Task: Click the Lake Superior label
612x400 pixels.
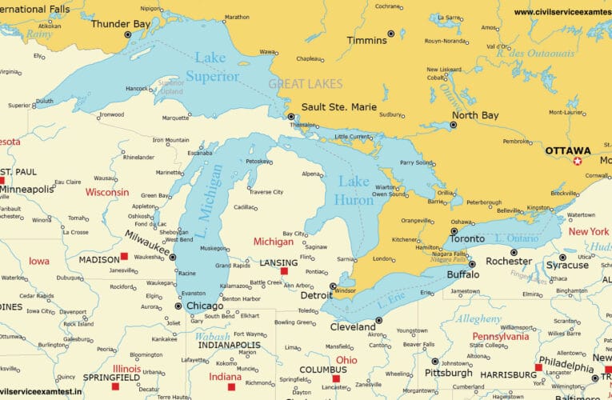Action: point(212,66)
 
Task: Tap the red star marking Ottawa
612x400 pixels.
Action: point(578,162)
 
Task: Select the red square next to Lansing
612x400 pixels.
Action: point(284,271)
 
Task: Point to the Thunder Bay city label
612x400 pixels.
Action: point(121,24)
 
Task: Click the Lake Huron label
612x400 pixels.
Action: point(354,190)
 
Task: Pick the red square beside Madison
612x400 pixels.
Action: point(124,257)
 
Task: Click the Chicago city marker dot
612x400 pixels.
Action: point(178,306)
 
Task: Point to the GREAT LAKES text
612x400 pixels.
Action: point(305,84)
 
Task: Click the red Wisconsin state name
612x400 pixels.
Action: point(107,192)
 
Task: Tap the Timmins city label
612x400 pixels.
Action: point(366,39)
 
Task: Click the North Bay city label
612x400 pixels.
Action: point(474,115)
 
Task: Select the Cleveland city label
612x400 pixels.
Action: point(353,327)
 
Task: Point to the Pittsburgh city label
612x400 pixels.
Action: point(448,373)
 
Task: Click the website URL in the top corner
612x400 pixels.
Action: point(562,12)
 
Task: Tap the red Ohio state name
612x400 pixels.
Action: point(346,360)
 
